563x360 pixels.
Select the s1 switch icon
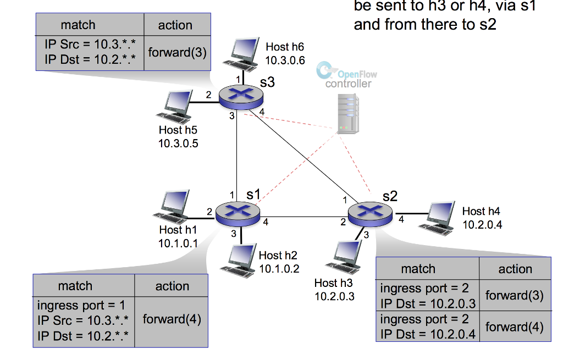tap(238, 212)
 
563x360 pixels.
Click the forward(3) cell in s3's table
tap(177, 53)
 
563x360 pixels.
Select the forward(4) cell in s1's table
tap(172, 319)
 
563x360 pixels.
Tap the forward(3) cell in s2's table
tap(515, 295)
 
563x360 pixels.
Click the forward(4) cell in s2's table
tap(515, 327)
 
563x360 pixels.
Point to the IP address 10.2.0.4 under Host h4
tap(482, 225)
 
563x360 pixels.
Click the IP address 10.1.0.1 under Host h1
tap(178, 243)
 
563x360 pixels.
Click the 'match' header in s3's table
tap(78, 25)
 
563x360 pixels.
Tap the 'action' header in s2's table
tap(515, 269)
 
